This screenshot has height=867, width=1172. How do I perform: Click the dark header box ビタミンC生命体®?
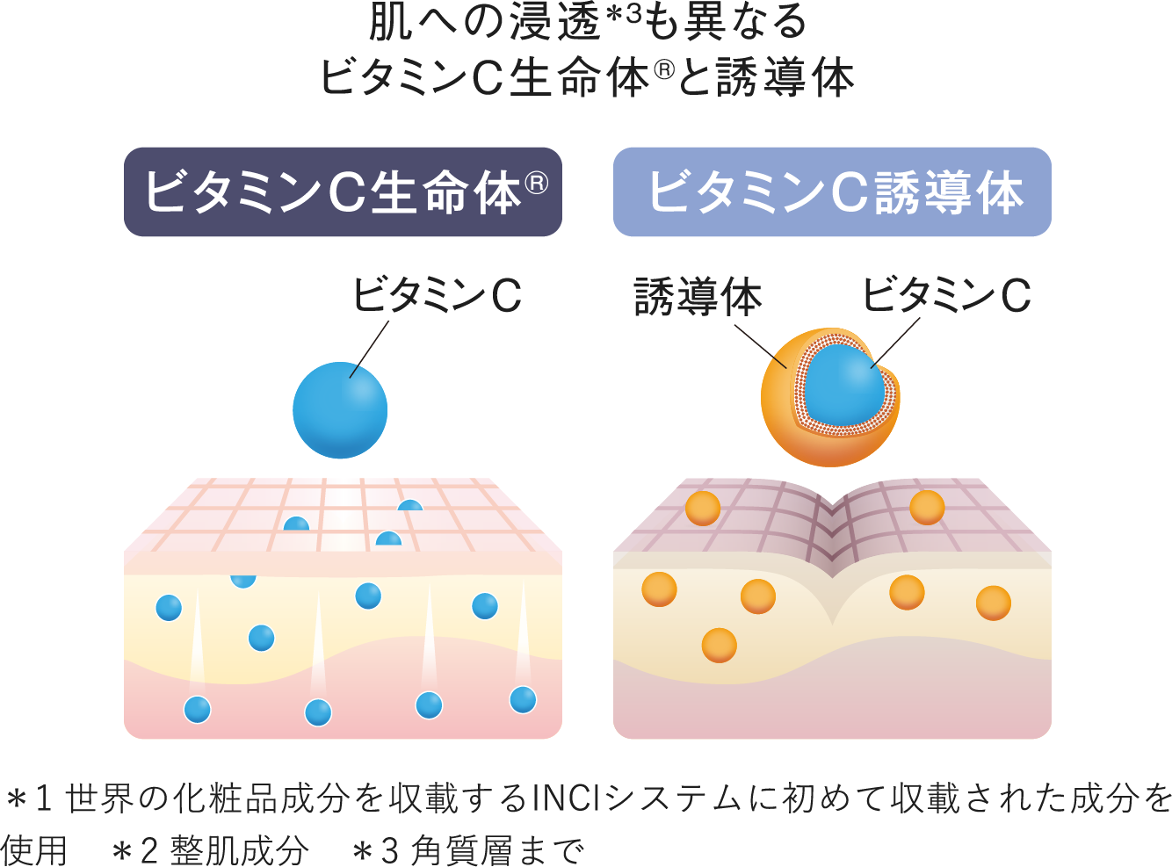point(343,191)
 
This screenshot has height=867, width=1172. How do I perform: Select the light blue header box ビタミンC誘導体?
point(831,191)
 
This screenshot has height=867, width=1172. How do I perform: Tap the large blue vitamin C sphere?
point(340,410)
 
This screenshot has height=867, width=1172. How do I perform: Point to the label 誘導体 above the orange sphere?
point(698,297)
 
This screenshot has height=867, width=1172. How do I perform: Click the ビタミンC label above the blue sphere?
point(437,295)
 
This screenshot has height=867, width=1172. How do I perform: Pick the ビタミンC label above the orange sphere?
point(946,295)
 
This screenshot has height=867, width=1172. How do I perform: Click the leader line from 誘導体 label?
point(760,346)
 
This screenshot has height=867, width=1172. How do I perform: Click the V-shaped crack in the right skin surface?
point(831,527)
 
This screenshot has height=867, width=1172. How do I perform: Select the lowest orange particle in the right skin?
point(719,646)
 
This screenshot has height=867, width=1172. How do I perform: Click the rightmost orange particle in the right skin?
point(993,603)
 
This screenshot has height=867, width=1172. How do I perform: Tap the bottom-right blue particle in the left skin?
point(523,699)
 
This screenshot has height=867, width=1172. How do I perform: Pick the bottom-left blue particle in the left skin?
point(197,709)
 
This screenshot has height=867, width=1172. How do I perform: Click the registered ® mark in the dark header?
point(537,182)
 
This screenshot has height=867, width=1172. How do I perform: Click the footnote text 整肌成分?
point(240,849)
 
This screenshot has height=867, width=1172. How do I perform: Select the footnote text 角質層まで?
point(497,849)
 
